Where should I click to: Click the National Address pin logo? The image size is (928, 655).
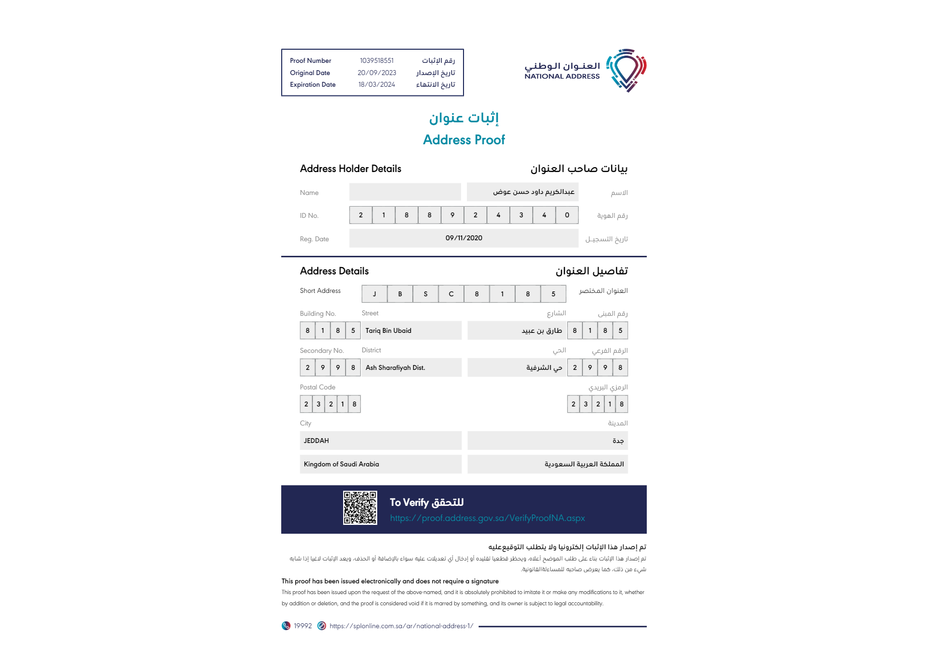(626, 70)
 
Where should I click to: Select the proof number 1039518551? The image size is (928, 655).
(377, 60)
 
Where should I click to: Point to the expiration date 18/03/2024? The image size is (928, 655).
(377, 84)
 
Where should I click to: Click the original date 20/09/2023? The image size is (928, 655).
(377, 73)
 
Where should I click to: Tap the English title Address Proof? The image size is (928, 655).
(464, 140)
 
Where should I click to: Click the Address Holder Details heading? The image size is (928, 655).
(350, 169)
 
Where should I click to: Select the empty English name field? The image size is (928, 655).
(405, 192)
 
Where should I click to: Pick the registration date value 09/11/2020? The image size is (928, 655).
(464, 238)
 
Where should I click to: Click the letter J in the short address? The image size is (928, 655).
(374, 294)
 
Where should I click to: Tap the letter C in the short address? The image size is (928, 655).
(451, 294)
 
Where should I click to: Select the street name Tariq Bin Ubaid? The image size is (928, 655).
(388, 330)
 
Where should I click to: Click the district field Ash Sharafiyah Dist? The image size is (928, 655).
(395, 367)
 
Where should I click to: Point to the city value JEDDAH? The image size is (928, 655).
(316, 441)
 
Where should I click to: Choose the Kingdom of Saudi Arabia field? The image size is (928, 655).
(341, 464)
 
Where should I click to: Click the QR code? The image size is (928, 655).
(360, 508)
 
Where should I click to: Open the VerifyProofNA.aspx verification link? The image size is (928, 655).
(487, 518)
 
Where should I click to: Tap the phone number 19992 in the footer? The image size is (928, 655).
(302, 626)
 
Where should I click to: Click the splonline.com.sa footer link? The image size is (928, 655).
(401, 626)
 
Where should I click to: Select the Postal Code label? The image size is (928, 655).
(317, 387)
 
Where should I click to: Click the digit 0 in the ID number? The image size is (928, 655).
(567, 215)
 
